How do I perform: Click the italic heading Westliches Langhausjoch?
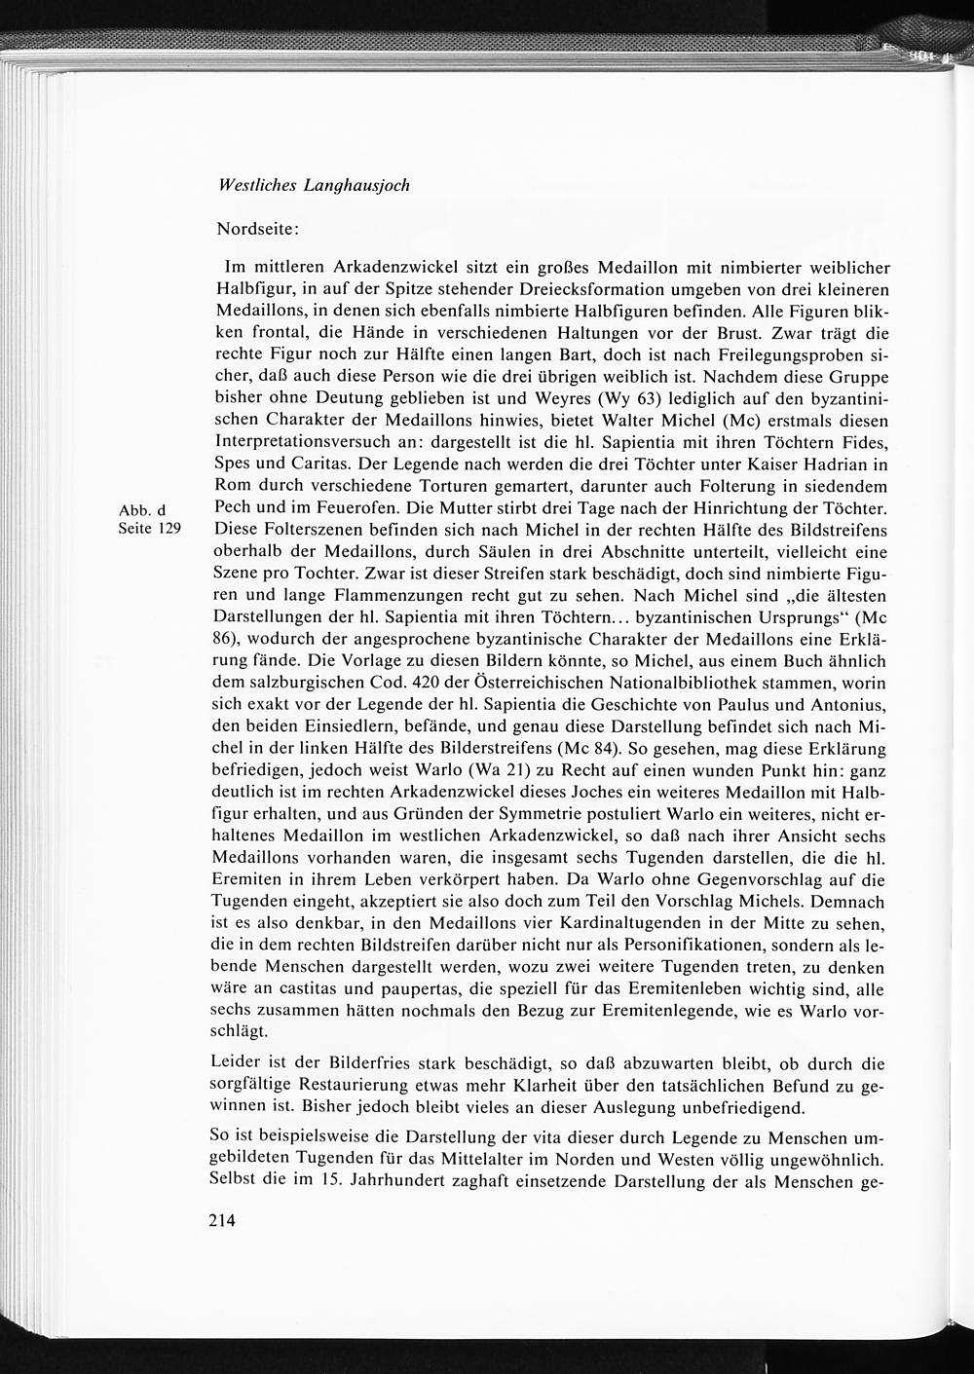pyautogui.click(x=313, y=185)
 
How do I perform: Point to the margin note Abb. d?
pyautogui.click(x=142, y=510)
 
